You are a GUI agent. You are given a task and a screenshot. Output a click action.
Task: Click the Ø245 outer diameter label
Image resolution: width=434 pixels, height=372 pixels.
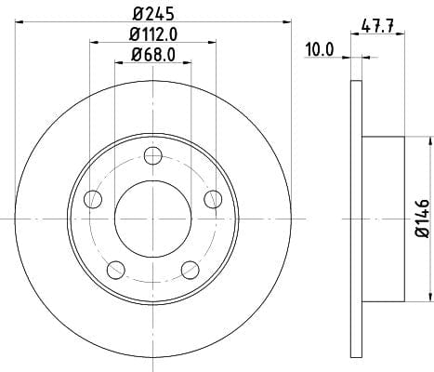[153, 14]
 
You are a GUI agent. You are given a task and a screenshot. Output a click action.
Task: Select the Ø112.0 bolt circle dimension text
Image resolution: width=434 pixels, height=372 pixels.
[153, 34]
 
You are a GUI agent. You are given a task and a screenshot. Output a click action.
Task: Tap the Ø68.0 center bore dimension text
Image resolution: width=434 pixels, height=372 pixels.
[153, 55]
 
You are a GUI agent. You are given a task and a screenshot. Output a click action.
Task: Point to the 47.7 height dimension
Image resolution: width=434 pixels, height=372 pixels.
[377, 25]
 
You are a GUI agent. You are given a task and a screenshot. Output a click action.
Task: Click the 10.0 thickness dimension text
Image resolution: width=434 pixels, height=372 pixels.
[320, 49]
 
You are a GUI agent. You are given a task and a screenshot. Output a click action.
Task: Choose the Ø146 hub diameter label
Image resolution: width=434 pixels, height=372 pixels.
[422, 219]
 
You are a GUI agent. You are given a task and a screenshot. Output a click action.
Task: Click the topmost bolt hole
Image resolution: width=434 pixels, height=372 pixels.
[153, 155]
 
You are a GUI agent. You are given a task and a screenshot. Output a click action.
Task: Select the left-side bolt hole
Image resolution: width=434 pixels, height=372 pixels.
[93, 199]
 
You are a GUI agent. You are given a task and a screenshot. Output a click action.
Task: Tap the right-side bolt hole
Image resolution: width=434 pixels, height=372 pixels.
[213, 199]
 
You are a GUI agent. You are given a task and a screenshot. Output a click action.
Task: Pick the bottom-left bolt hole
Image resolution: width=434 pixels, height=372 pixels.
[116, 270]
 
